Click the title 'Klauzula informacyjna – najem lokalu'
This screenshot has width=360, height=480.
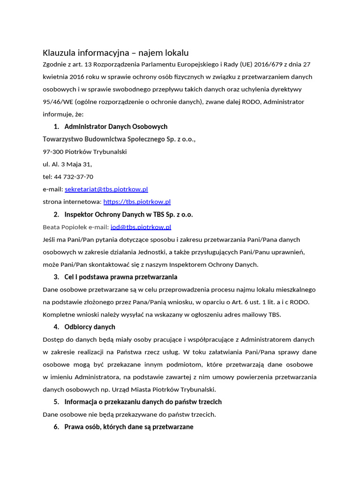[x=116, y=52]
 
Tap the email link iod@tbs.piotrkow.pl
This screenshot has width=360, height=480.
[x=141, y=227]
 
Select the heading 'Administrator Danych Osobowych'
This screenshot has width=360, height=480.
[x=116, y=127]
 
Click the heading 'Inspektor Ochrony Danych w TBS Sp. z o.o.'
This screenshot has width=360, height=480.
[x=128, y=215]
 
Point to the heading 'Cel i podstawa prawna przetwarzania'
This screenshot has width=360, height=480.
[x=120, y=277]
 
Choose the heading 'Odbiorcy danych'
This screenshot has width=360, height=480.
[x=90, y=327]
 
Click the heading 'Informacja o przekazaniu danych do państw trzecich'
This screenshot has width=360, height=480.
[x=143, y=402]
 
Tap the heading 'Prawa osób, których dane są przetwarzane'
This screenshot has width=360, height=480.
[x=129, y=427]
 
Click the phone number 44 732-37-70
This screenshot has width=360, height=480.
[x=75, y=177]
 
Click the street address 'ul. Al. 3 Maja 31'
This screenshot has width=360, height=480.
[x=67, y=165]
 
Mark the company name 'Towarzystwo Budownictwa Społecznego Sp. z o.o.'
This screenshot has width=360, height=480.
[x=119, y=139]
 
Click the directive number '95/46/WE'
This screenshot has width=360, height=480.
[x=57, y=102]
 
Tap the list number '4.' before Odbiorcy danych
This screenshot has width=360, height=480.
[x=56, y=327]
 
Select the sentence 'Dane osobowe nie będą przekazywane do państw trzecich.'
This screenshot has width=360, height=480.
[x=129, y=414]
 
